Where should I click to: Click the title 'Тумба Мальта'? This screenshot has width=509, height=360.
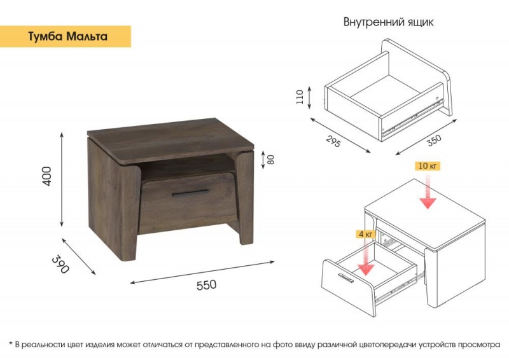[67, 36]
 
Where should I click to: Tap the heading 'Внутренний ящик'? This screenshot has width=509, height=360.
[388, 22]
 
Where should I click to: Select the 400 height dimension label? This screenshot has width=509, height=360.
[47, 176]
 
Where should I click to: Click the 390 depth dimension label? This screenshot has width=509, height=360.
[60, 265]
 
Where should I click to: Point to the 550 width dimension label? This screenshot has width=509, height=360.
[206, 285]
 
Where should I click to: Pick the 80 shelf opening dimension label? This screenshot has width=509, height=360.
[270, 160]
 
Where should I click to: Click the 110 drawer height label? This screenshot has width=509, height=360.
[300, 97]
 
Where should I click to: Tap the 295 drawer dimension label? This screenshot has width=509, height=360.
[333, 141]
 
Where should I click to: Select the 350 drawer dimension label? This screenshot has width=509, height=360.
[434, 140]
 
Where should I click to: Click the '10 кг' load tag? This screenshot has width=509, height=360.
[427, 166]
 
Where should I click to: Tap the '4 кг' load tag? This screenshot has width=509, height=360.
[365, 233]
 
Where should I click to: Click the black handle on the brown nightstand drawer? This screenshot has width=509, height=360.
[190, 193]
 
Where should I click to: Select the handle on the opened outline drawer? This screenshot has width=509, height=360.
[345, 278]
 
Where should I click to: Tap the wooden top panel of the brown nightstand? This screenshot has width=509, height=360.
[171, 141]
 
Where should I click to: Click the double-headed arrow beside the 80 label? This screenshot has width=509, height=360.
[263, 160]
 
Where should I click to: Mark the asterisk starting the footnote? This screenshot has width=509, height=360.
[10, 343]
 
